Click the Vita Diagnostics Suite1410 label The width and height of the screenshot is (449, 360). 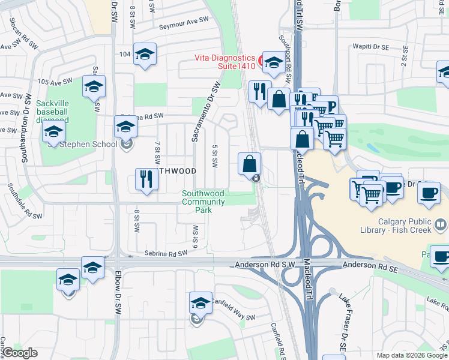(x=224, y=62)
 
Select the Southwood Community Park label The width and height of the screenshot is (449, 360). (x=204, y=202)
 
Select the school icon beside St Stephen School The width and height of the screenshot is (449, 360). (x=125, y=127)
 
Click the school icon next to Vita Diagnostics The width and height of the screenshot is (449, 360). (x=273, y=62)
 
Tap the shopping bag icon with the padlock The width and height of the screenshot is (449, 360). (x=250, y=164)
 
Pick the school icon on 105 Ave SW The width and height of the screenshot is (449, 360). (x=94, y=87)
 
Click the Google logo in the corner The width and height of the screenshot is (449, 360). (x=20, y=353)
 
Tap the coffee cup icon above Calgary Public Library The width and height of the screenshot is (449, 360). (x=429, y=193)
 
